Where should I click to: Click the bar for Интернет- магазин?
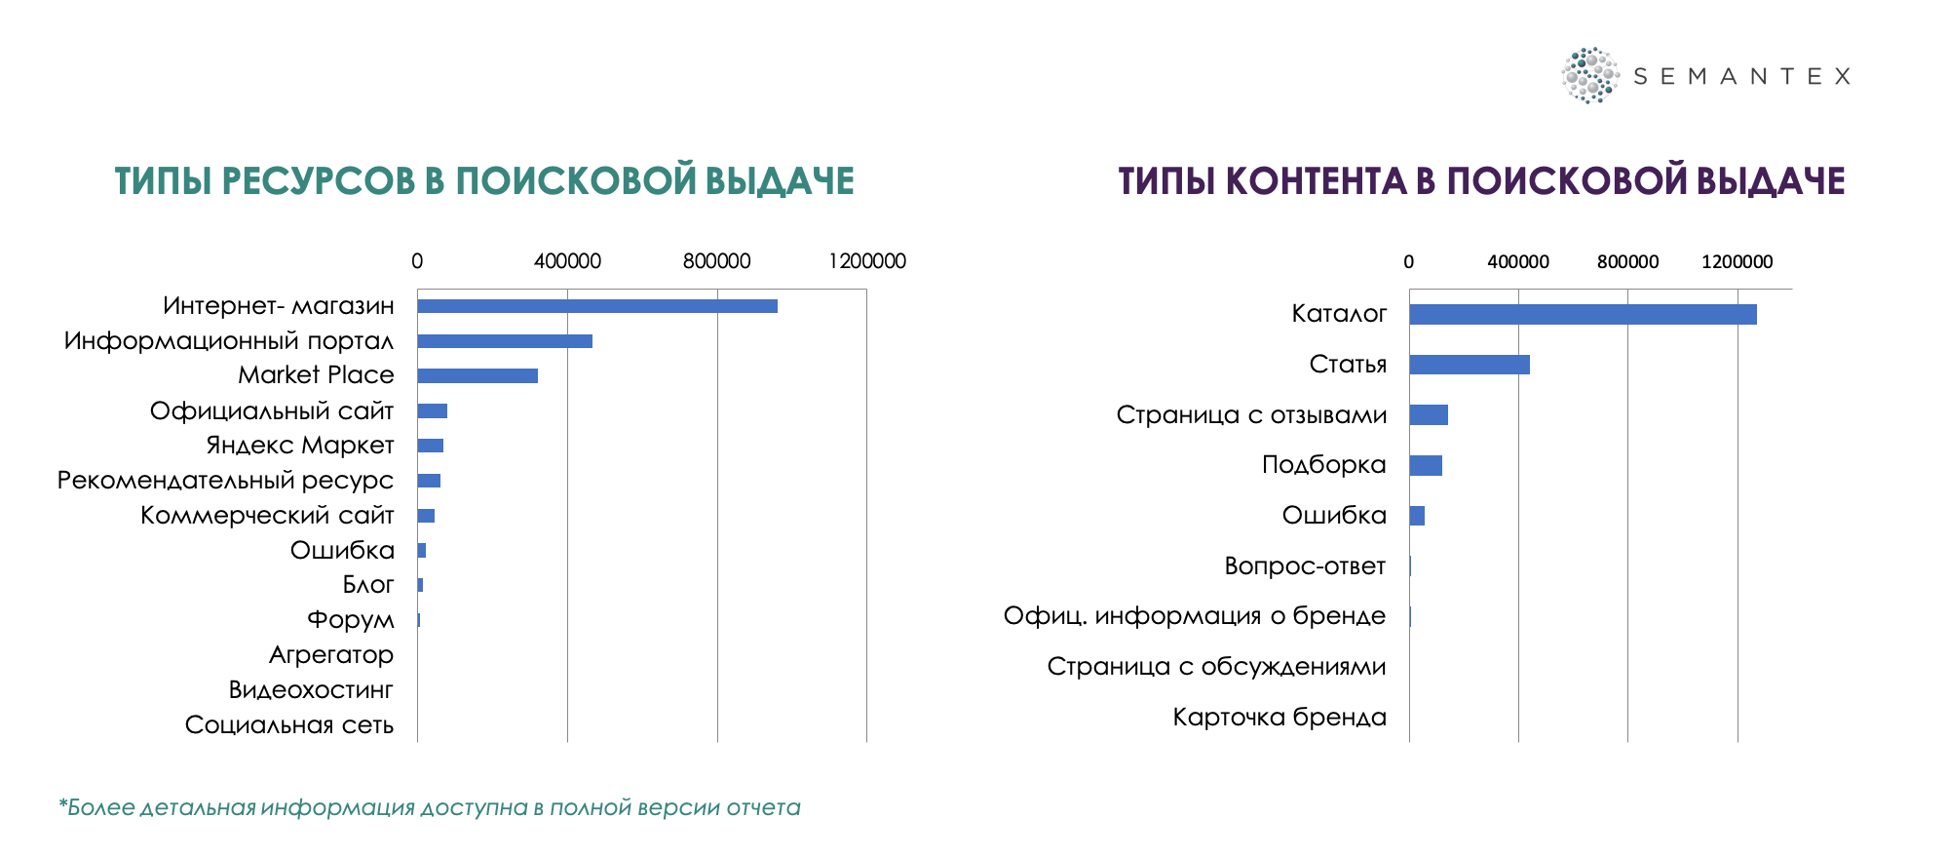pos(597,306)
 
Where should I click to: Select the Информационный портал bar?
pos(505,341)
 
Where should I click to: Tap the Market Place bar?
pos(477,375)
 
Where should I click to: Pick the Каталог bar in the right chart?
pos(1583,314)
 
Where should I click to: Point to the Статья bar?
pos(1470,365)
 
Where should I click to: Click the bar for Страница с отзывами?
pos(1429,414)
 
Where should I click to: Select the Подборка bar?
pos(1426,465)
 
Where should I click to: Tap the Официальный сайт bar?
pos(433,410)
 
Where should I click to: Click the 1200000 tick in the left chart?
pos(867,261)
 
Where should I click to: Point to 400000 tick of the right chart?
pos(1518,261)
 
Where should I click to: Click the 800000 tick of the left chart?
pos(716,261)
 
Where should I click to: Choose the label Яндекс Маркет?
pos(300,446)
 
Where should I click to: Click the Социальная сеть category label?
pos(289,724)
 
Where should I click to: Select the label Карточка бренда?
pos(1280,718)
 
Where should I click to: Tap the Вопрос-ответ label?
pos(1305,566)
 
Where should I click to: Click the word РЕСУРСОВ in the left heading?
pos(318,181)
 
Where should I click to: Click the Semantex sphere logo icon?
pos(1589,75)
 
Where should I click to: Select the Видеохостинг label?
pos(311,690)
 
